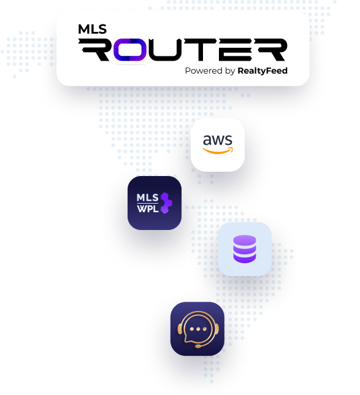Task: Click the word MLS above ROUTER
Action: (92, 29)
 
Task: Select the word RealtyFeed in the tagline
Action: (262, 71)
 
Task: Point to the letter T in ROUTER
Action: (200, 50)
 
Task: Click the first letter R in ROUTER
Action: (94, 50)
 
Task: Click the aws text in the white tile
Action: (218, 140)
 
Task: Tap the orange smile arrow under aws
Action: (218, 151)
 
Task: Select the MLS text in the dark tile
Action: (148, 197)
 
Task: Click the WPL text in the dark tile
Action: (148, 209)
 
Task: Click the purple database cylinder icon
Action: (245, 249)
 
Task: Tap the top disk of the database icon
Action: (245, 240)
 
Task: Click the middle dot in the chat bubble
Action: (198, 329)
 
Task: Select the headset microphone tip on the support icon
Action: (198, 347)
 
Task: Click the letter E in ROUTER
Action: (235, 50)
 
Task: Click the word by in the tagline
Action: (230, 71)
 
